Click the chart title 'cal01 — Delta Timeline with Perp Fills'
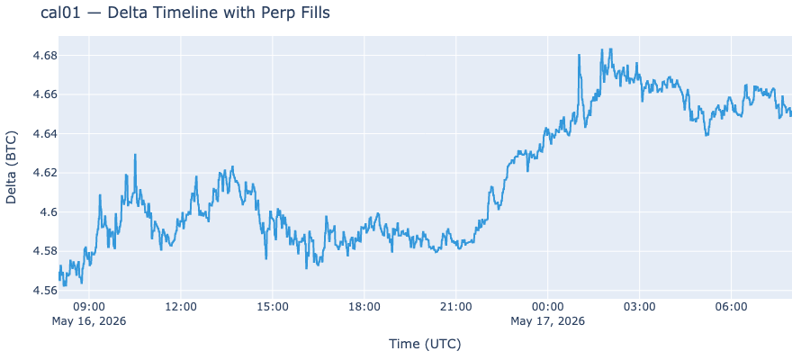[x=184, y=13]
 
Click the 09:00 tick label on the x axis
[x=89, y=307]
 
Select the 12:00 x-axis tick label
[x=181, y=307]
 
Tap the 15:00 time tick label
[x=272, y=307]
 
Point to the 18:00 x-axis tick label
[x=364, y=307]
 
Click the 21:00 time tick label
[x=456, y=307]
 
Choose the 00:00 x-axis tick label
[x=547, y=307]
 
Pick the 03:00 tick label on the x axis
[x=640, y=307]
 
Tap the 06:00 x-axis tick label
[x=731, y=307]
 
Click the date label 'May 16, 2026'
[x=89, y=321]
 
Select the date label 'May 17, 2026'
[x=547, y=321]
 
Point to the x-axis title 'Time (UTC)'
[x=425, y=344]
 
